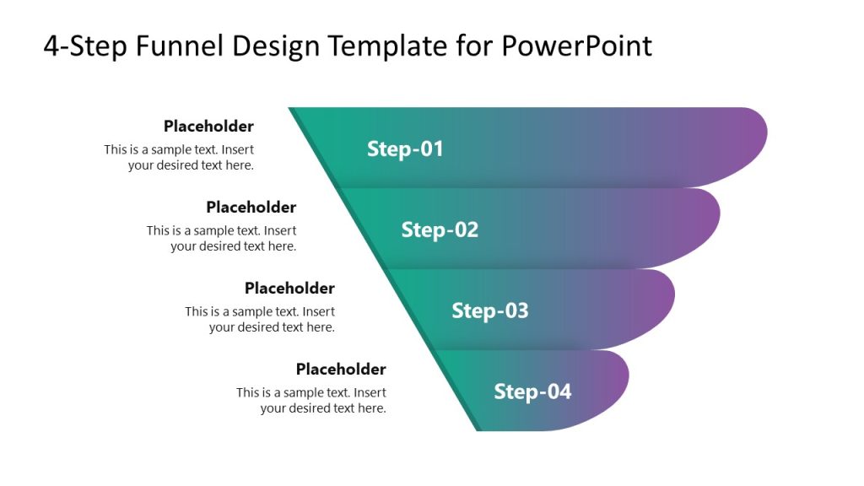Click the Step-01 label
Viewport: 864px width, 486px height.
click(405, 149)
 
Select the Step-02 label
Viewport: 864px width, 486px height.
click(440, 229)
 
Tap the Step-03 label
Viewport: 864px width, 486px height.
click(490, 310)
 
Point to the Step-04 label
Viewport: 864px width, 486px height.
click(532, 391)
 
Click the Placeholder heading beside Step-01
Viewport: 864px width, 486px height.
click(208, 127)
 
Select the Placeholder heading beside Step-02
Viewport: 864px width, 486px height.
click(251, 208)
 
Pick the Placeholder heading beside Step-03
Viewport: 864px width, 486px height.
click(289, 289)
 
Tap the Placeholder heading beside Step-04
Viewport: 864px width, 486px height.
click(341, 370)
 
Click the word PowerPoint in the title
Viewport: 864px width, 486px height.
click(576, 46)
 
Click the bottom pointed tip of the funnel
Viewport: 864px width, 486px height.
click(479, 429)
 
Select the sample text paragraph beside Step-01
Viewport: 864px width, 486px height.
click(179, 158)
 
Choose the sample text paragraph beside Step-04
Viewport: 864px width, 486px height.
click(311, 401)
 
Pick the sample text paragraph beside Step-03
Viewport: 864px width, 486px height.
click(260, 320)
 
